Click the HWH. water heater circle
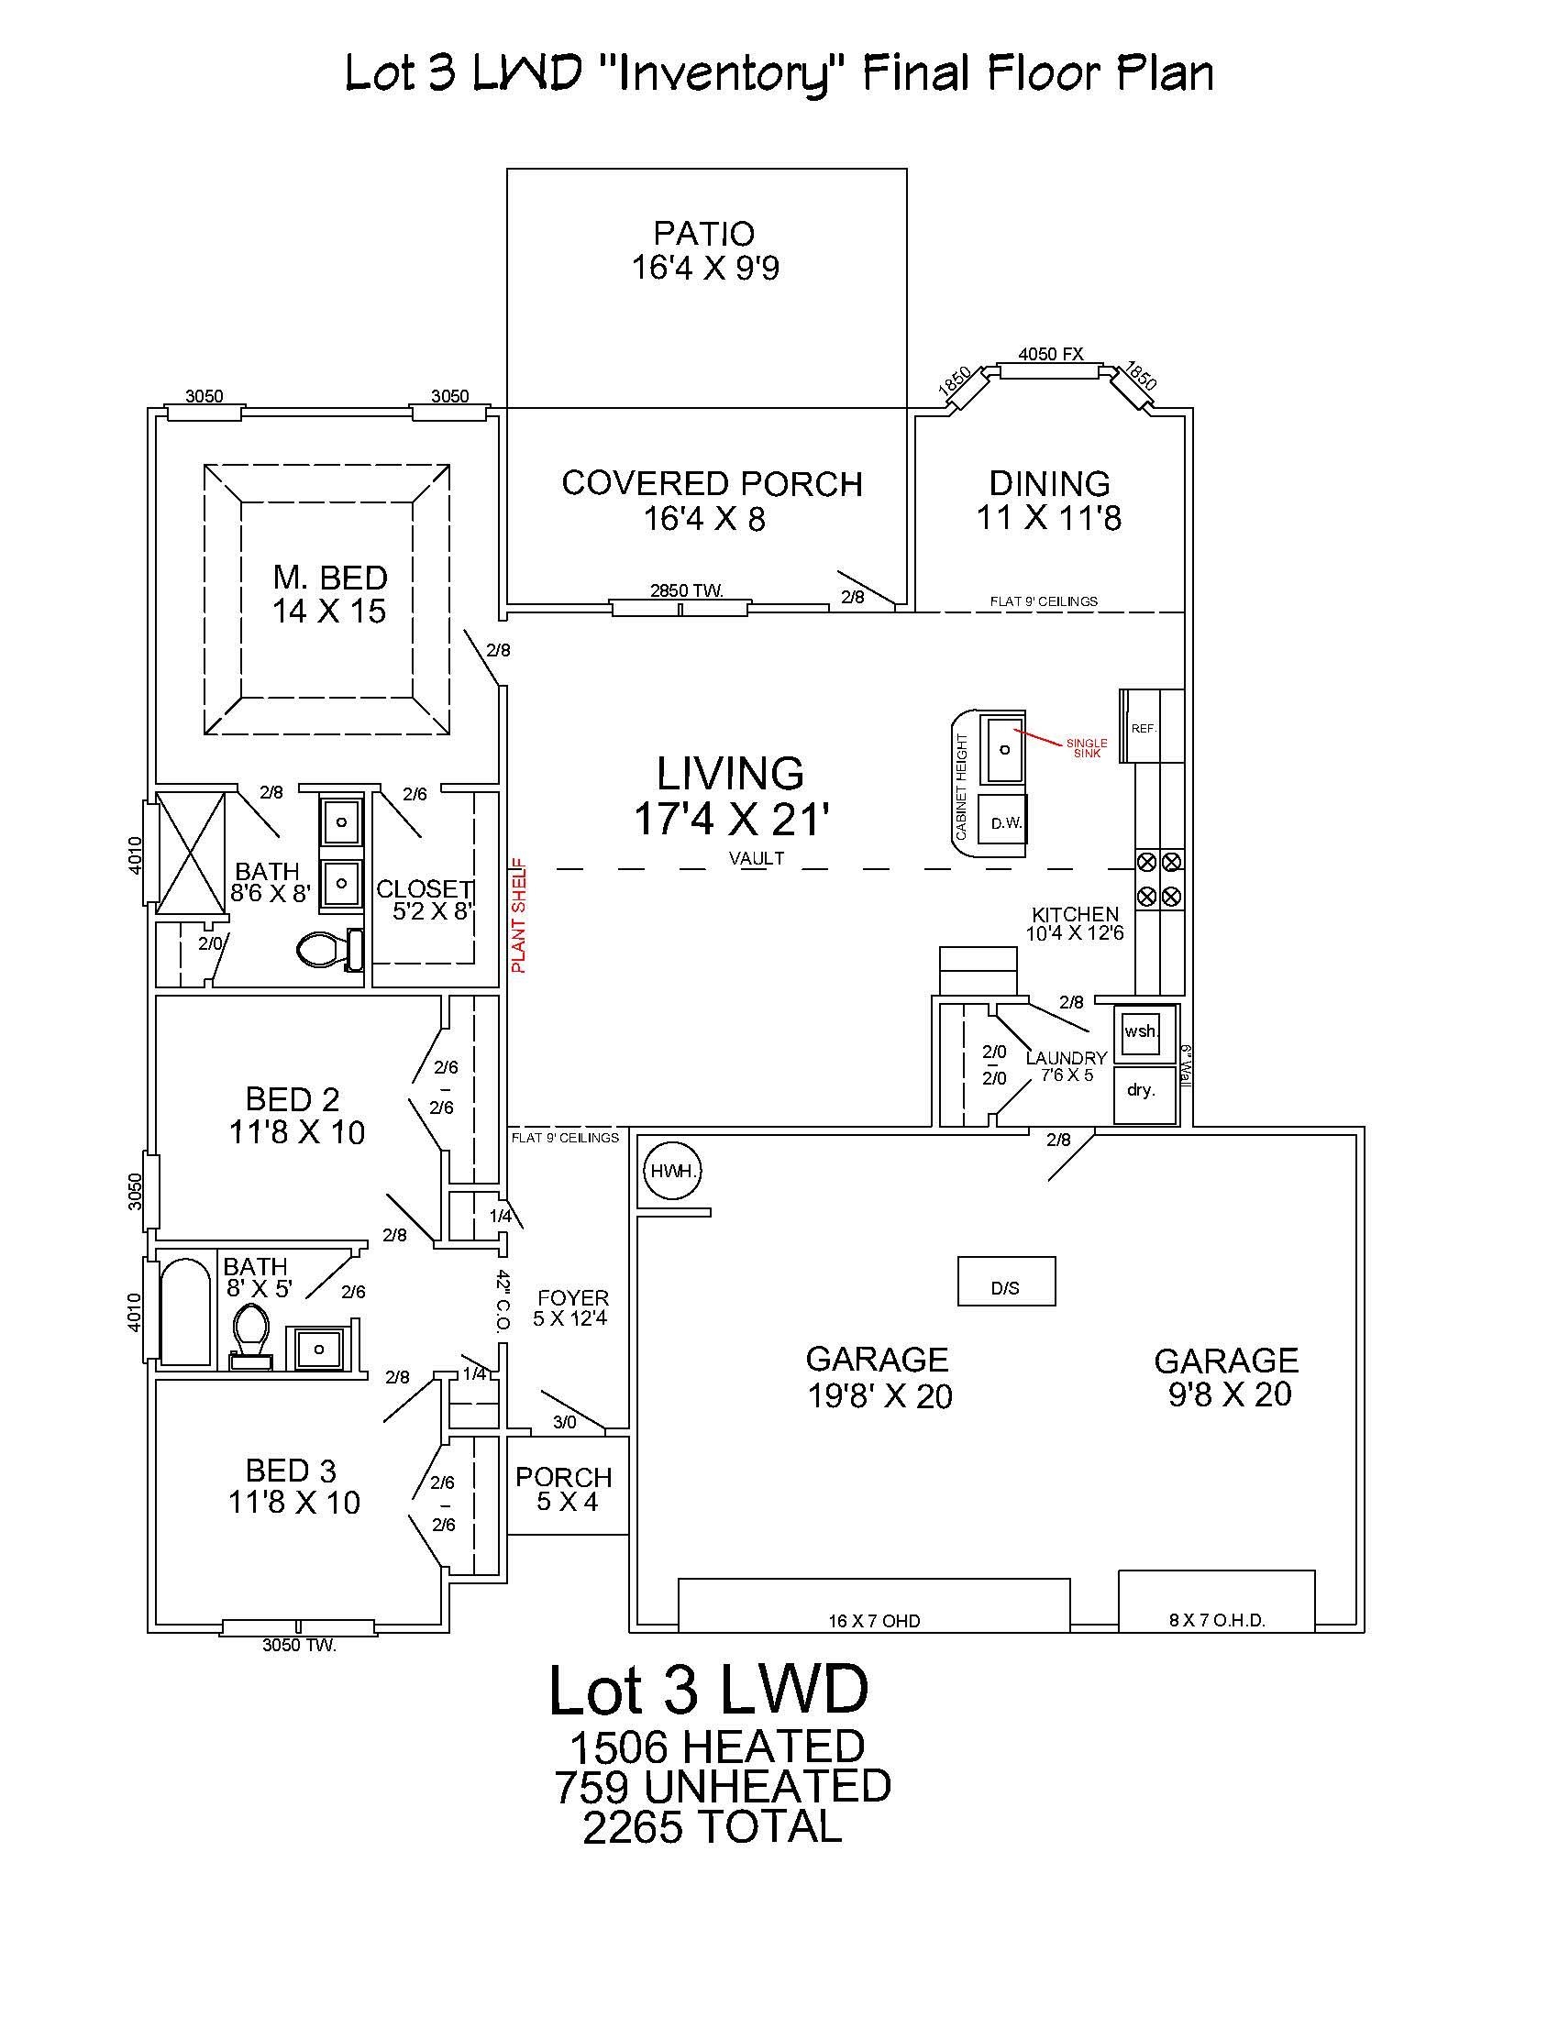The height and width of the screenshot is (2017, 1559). pos(671,1171)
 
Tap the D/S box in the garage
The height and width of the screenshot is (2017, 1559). pos(1006,1280)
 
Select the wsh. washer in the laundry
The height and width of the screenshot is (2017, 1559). pos(1142,1031)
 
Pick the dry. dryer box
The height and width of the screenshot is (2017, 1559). pos(1145,1094)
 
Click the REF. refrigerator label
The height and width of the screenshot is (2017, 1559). pos(1144,728)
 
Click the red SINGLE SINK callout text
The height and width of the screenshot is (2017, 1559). pos(1086,748)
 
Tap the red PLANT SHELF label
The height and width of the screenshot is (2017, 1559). pos(519,915)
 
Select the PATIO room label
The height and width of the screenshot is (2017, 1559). pos(704,233)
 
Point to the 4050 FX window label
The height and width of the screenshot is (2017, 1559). pos(1050,354)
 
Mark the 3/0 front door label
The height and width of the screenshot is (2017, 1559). pos(564,1421)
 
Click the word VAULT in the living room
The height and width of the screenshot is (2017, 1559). pos(757,858)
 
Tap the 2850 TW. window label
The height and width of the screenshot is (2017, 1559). pos(686,590)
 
